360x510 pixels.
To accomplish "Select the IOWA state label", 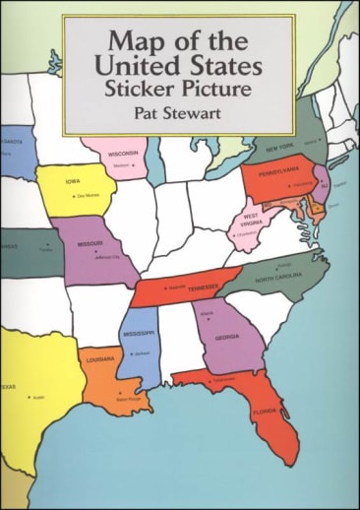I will coord(74,181).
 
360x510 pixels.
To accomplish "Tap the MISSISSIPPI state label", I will coord(138,332).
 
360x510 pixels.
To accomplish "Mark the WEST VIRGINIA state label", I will coord(253,218).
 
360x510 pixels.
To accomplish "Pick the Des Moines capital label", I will coord(86,196).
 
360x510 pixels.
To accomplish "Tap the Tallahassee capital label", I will coord(222,377).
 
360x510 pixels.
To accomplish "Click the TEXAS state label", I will coord(8,387).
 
